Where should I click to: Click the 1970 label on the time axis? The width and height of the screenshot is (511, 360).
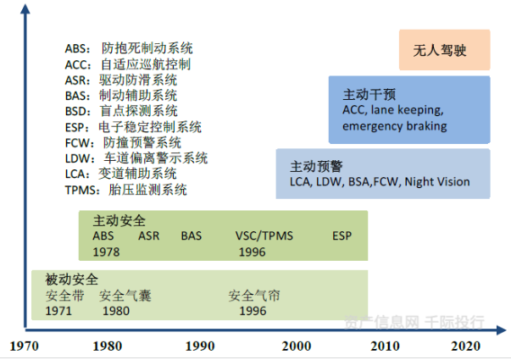click(24, 346)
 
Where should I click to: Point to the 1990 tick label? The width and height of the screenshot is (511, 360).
click(200, 346)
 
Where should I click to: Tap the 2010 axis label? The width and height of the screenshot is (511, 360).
click(385, 346)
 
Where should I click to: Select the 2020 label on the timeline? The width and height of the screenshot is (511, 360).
click(466, 346)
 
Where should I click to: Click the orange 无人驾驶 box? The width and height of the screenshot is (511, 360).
click(445, 50)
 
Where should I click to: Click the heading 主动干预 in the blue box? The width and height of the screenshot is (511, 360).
click(369, 95)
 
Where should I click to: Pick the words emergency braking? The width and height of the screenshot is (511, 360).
click(395, 126)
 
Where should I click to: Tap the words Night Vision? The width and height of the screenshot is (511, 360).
click(437, 181)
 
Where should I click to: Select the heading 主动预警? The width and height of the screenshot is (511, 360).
click(316, 166)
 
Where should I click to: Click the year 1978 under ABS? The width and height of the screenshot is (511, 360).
click(106, 252)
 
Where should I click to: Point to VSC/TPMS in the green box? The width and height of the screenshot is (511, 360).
click(264, 235)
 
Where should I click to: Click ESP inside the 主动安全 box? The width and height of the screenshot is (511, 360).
click(342, 235)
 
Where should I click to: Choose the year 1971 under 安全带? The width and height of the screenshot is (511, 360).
click(58, 311)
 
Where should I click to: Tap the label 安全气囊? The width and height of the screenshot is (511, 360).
click(125, 296)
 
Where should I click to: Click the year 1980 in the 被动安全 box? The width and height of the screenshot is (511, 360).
click(116, 311)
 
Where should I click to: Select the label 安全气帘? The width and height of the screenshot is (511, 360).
click(254, 296)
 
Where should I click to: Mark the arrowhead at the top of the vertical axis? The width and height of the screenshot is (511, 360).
click(25, 8)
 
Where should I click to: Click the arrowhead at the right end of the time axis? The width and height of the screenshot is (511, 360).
click(501, 330)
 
